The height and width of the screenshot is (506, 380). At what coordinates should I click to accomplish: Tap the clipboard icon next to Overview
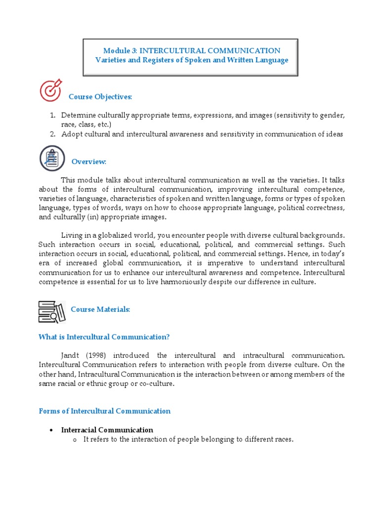click(52, 158)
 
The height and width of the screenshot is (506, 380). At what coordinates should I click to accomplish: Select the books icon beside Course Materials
click(51, 311)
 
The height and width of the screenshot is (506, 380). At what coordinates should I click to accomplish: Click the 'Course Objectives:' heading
click(100, 96)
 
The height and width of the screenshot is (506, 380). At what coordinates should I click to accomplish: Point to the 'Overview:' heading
click(89, 162)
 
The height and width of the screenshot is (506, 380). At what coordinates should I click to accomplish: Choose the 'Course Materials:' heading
click(100, 309)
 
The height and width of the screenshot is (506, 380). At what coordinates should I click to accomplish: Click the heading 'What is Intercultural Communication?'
click(104, 337)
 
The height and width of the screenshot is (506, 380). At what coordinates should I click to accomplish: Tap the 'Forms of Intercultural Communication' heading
click(104, 411)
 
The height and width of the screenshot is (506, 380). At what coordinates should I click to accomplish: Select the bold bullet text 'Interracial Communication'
click(107, 429)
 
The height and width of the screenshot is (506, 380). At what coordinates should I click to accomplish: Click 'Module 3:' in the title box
click(118, 50)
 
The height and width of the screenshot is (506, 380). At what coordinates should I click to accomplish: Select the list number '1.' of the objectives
click(52, 115)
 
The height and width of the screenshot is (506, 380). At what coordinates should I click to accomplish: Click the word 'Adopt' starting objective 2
click(71, 134)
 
